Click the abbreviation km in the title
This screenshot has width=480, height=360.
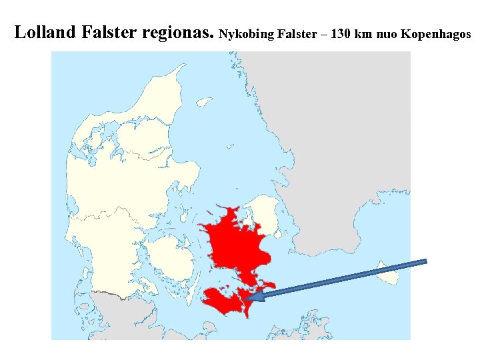point(365,33)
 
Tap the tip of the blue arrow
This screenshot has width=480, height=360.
point(248,298)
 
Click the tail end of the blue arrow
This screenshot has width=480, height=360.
point(425,262)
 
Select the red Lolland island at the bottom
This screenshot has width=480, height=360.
point(223,301)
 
